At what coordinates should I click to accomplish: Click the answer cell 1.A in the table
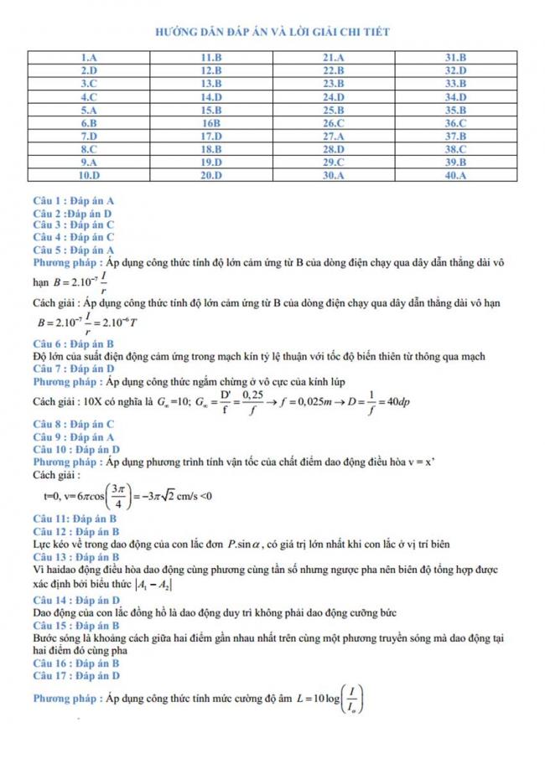pos(90,57)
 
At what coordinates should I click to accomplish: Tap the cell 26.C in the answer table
pos(333,123)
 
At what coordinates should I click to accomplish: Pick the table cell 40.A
pos(455,176)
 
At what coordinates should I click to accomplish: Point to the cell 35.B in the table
pos(455,110)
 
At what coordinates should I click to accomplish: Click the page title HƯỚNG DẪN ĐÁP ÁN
pos(272,32)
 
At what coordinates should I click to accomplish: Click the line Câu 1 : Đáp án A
pos(73,202)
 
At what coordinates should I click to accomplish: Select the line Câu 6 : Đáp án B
pos(73,344)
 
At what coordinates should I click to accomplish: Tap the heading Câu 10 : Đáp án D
pos(75,449)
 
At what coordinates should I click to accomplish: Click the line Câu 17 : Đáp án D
pos(75,674)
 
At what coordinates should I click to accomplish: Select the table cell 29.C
pos(333,163)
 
